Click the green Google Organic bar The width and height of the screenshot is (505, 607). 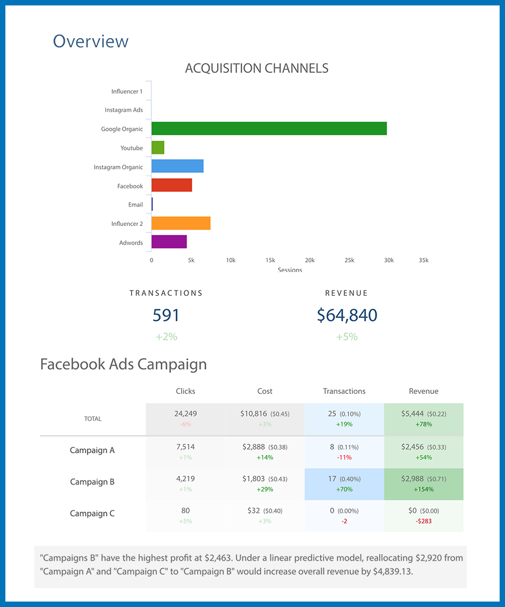(x=269, y=129)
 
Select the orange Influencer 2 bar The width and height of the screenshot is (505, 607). (x=181, y=223)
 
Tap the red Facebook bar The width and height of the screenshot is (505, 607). (x=171, y=185)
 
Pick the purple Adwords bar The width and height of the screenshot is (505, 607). (x=169, y=242)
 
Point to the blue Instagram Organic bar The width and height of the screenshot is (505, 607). (x=177, y=166)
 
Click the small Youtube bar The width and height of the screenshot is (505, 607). (x=157, y=148)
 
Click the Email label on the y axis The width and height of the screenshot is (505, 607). (x=135, y=204)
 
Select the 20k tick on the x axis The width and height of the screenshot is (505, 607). (x=309, y=260)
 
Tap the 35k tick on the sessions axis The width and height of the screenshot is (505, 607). (x=423, y=260)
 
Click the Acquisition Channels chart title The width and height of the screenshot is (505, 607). (x=256, y=69)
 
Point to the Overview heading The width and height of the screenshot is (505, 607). (x=91, y=41)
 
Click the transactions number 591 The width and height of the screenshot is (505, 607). (x=166, y=315)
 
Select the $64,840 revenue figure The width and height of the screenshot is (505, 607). (x=347, y=315)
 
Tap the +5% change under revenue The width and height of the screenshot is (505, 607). (x=347, y=337)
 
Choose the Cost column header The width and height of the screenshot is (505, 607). (x=264, y=391)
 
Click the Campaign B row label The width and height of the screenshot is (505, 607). (x=92, y=482)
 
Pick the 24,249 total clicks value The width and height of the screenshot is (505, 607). (x=185, y=414)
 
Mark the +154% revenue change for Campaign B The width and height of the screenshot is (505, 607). (x=423, y=489)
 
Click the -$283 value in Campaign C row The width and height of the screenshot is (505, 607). (x=423, y=521)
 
